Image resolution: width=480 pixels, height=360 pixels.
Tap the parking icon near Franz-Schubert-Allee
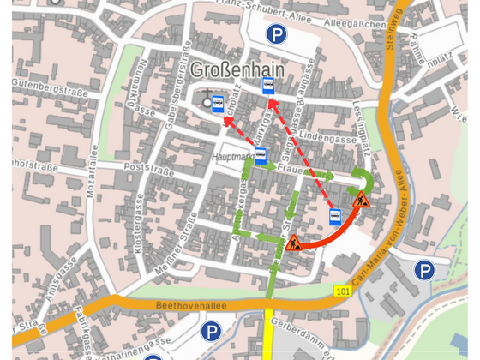coord(276,34)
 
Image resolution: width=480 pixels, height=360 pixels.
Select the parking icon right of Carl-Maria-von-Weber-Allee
coord(424,271)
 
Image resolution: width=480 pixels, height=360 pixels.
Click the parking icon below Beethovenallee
coord(211,331)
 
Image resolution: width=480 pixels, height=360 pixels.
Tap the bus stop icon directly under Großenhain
coord(268,86)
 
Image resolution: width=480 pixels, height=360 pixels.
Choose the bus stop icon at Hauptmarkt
coord(261,156)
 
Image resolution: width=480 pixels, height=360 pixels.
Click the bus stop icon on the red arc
coord(336,215)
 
